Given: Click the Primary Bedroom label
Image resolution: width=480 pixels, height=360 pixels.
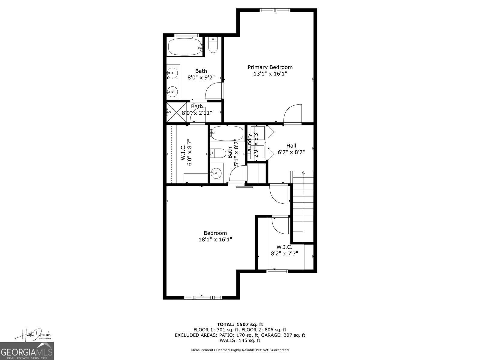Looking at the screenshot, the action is (270, 67).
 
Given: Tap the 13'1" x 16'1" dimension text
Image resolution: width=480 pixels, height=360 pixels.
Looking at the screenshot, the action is (270, 74).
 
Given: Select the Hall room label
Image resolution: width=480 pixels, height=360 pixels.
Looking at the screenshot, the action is (291, 145).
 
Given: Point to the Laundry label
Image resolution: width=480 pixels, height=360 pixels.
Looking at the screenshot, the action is (250, 143).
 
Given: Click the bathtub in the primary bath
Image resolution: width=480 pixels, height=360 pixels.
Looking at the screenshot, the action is (185, 47).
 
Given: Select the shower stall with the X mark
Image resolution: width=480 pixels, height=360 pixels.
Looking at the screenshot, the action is (176, 112).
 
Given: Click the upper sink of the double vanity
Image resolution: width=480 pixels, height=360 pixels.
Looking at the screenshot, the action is (172, 73).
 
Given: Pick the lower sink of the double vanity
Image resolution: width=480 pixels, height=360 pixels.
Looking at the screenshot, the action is (172, 92).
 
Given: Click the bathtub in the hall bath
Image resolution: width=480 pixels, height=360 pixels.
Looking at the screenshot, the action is (227, 133).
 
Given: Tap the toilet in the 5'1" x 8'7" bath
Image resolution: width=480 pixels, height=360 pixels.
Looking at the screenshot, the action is (218, 153).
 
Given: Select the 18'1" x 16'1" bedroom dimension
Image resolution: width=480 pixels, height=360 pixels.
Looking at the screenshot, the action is (215, 240).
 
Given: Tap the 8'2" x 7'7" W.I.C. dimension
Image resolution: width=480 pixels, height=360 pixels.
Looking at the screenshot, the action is (284, 253).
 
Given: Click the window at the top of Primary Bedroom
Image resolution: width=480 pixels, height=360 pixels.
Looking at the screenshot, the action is (275, 10).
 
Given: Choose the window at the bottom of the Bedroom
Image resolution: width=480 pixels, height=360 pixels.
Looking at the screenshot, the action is (203, 298).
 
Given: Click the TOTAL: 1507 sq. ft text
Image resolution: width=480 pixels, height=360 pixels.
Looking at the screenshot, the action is (240, 324).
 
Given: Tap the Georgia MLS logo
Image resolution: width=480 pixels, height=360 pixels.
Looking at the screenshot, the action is (27, 351).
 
